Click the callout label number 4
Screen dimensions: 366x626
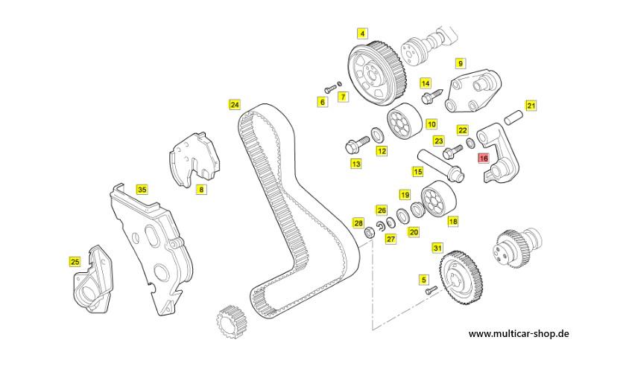click(362, 33)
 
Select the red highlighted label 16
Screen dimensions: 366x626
click(483, 157)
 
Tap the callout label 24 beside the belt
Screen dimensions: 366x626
click(235, 104)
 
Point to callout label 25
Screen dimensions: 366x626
click(75, 261)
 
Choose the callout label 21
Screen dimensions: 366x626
click(531, 105)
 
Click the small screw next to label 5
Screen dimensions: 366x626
click(430, 292)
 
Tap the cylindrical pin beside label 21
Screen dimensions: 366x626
click(513, 117)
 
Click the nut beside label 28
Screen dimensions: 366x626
click(368, 234)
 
